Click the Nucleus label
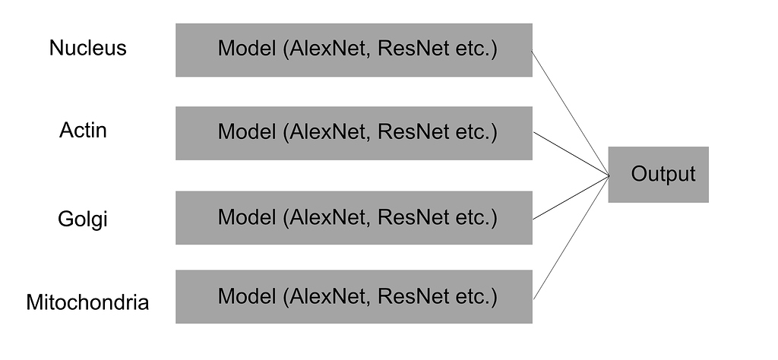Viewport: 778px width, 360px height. (87, 49)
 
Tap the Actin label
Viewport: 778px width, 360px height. (83, 130)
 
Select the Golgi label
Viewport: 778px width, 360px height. (83, 219)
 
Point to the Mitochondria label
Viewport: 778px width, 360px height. (87, 303)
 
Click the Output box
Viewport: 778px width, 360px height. (658, 175)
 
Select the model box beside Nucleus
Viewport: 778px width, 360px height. (353, 50)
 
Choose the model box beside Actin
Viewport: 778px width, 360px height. (353, 133)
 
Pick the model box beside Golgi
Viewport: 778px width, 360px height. (353, 218)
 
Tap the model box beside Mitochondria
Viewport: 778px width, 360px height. (353, 296)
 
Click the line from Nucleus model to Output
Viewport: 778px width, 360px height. (570, 112)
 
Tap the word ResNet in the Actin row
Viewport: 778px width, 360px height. (413, 132)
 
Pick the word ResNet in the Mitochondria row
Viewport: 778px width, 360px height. (413, 296)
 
